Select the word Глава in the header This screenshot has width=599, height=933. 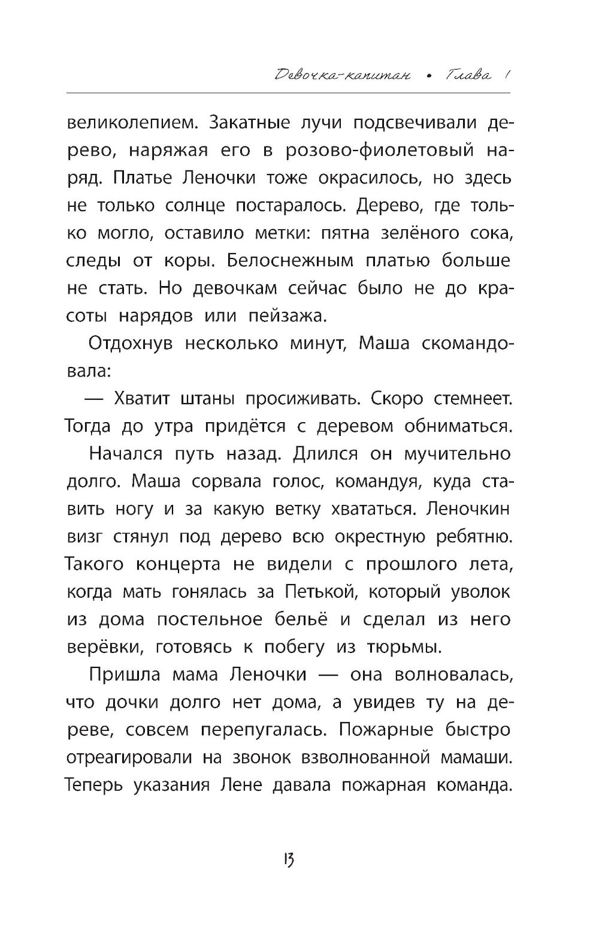coord(469,76)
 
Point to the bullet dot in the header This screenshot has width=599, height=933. coord(430,77)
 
